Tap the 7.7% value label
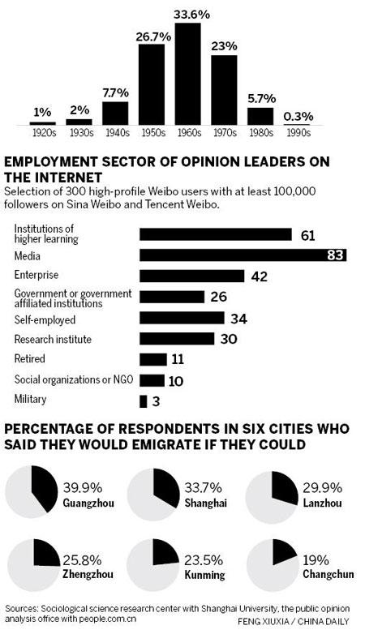click(x=114, y=93)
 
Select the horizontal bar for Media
click(x=243, y=255)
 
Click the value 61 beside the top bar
click(x=307, y=235)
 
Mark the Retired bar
click(x=152, y=358)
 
